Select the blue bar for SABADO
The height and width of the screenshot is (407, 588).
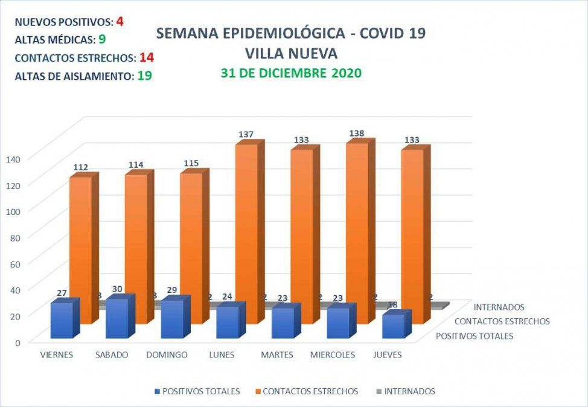tap(117, 319)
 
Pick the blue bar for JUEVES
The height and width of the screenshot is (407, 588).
tap(393, 326)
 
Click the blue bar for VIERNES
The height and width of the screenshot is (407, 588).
tap(62, 321)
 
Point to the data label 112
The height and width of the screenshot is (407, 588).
tap(81, 167)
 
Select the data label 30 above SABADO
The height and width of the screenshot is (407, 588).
tap(117, 289)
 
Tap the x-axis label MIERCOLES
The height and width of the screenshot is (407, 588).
tap(333, 355)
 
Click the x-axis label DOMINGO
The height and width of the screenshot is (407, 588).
tap(167, 355)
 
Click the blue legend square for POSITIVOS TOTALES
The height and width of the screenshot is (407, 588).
tap(158, 391)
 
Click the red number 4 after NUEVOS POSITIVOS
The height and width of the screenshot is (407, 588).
tap(120, 22)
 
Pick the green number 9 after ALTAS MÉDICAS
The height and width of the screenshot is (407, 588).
tap(103, 40)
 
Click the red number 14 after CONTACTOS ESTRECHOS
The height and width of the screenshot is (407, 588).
tap(145, 58)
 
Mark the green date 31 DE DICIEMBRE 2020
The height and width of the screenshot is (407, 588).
tap(291, 74)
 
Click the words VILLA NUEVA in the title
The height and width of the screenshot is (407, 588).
tap(291, 53)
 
